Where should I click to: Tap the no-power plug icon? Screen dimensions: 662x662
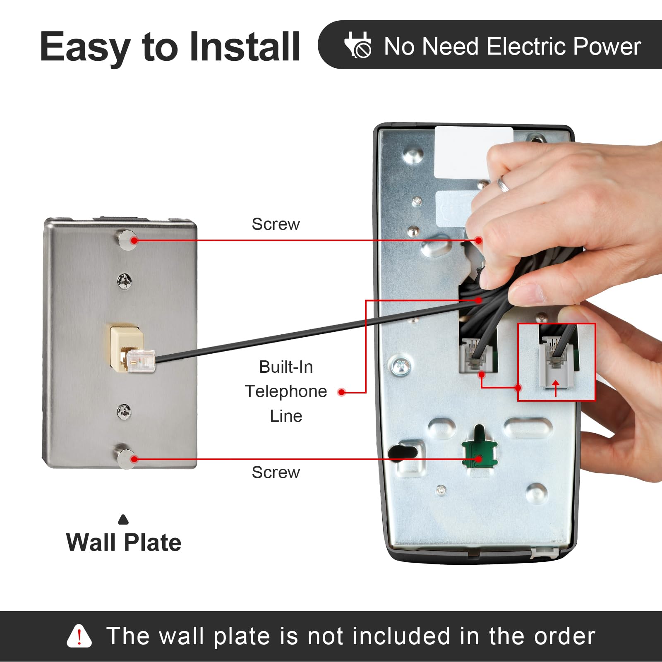pos(358,45)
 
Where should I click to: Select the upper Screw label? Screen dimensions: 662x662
pos(276,224)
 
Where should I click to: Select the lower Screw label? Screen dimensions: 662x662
pos(276,473)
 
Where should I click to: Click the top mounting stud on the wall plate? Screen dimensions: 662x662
pos(126,240)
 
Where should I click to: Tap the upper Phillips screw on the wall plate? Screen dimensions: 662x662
pos(124,281)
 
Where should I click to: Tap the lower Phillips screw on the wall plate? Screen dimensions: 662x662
pos(124,412)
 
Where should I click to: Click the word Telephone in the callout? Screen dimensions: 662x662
pos(286,391)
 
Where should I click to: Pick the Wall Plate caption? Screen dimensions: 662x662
pos(124,542)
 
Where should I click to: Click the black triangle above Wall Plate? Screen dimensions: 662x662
pos(123,520)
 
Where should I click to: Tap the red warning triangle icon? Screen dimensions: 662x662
pos(79,636)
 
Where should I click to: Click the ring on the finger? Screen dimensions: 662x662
pos(503,184)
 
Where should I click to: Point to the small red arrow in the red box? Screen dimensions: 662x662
pos(556,388)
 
